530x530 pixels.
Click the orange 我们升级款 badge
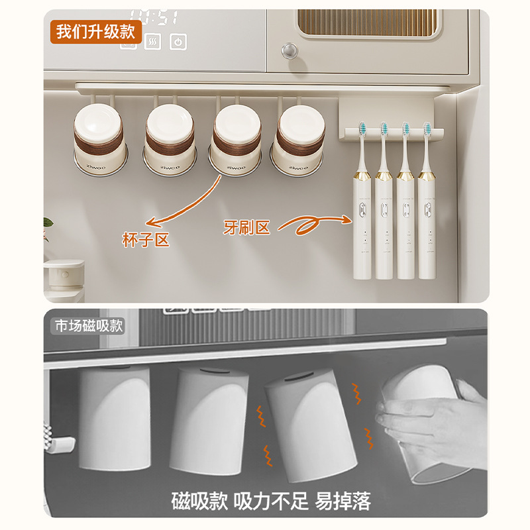[x=95, y=31]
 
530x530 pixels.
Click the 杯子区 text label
[x=146, y=240]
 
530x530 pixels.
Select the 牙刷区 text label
[x=246, y=229]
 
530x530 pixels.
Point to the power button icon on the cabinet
[x=178, y=42]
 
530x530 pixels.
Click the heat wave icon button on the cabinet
[x=152, y=42]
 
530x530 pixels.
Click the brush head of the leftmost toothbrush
[x=364, y=129]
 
